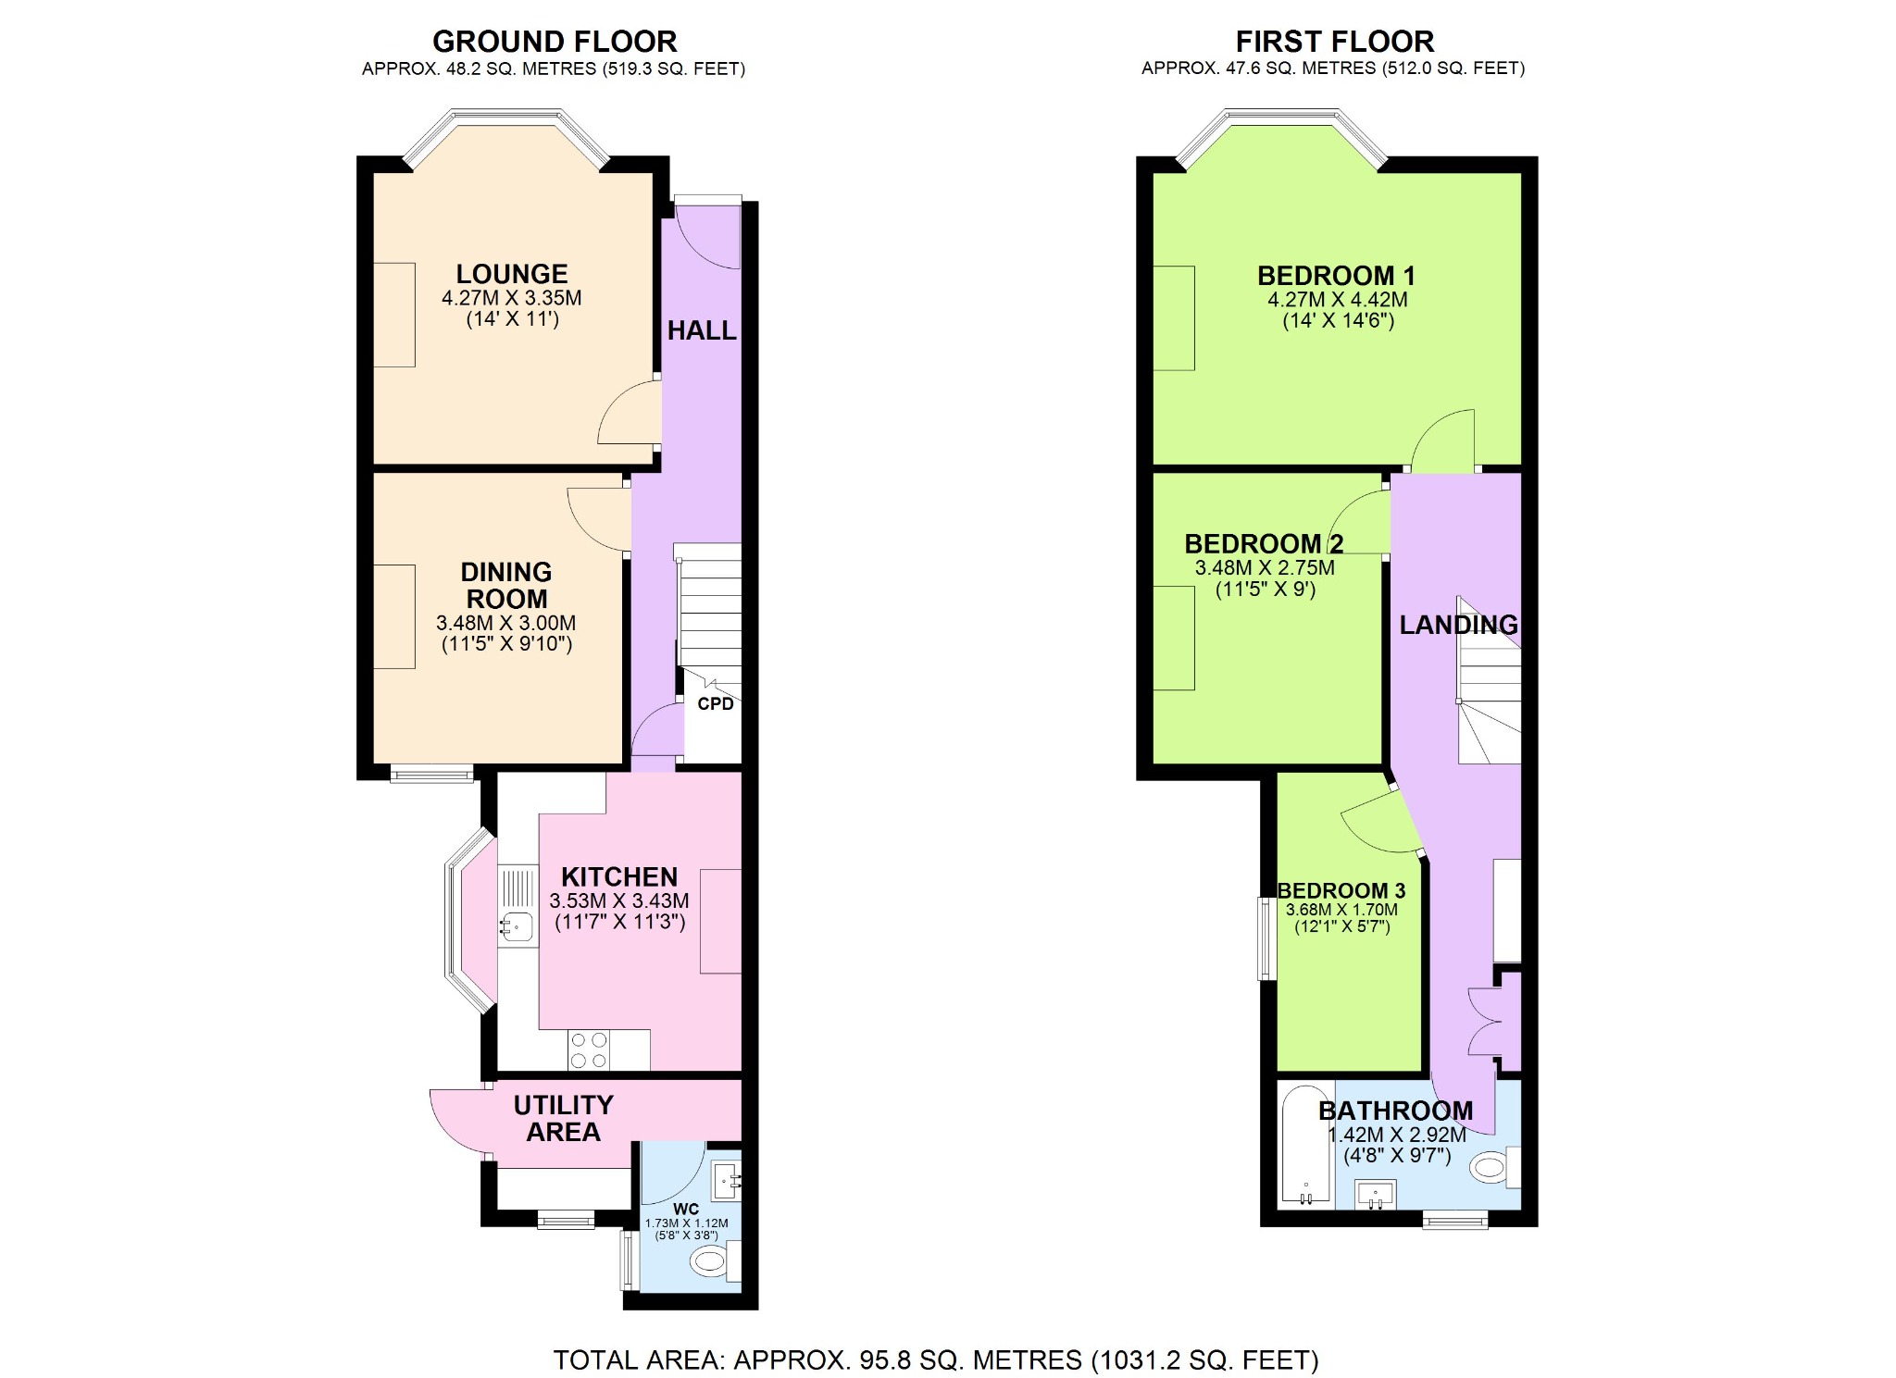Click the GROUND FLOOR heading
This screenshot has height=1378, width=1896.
555,42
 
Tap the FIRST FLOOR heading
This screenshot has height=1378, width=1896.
1334,42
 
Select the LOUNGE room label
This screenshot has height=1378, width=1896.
511,274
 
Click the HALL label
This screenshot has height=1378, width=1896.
702,330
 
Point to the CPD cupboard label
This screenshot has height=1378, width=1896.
715,704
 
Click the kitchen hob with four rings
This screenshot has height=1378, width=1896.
589,1049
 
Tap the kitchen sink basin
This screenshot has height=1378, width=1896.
517,924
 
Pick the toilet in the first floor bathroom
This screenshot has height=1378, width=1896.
1491,1167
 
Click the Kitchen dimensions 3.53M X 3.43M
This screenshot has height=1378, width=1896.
618,901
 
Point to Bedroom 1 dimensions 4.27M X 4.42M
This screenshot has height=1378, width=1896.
1337,300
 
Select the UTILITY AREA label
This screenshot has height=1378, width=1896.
563,1118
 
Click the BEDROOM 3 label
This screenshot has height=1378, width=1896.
1341,890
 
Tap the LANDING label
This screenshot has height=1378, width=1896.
1458,625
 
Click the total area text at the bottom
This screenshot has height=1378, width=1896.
935,1359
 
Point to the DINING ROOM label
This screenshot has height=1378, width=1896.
506,585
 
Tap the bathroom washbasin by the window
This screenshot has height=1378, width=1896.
1375,1194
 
